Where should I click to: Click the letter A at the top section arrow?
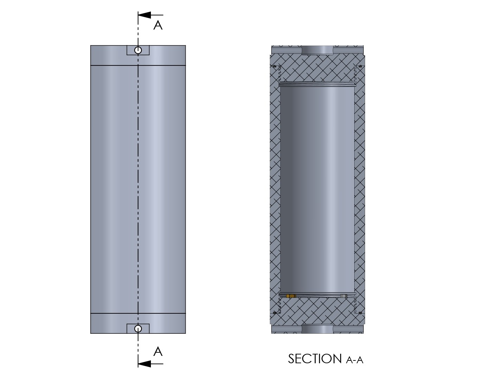[x=158, y=25]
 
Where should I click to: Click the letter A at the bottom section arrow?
[x=158, y=352]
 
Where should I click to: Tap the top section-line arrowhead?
[x=145, y=15]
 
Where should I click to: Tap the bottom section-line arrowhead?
[x=145, y=364]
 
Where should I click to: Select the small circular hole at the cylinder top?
[x=138, y=50]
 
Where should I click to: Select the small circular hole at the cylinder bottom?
[x=138, y=329]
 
